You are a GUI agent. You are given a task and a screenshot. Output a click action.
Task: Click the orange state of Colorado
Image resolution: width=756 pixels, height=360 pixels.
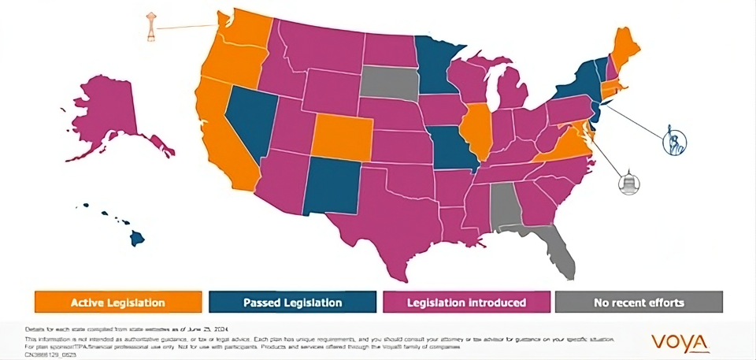point(343,135)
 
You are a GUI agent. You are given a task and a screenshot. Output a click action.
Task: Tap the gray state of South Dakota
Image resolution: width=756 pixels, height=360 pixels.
point(390,83)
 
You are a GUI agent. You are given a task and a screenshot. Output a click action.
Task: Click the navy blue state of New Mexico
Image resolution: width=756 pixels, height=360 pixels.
point(331,184)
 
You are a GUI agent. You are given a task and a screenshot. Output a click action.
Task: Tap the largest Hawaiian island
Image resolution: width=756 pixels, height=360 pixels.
point(137,236)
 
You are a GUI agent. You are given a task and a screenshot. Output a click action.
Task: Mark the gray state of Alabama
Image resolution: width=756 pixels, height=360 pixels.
point(504,206)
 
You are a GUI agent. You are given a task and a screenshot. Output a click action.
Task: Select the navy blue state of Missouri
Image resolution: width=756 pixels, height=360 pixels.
point(453,150)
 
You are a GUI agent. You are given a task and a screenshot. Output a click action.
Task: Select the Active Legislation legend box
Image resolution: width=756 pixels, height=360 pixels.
point(117,302)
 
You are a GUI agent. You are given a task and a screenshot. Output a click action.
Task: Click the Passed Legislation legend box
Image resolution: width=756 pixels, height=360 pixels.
point(291,302)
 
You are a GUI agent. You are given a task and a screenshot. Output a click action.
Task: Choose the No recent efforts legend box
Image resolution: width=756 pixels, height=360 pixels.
point(638,302)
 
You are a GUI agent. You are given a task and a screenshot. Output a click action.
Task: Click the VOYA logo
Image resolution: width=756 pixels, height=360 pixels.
point(680,342)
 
